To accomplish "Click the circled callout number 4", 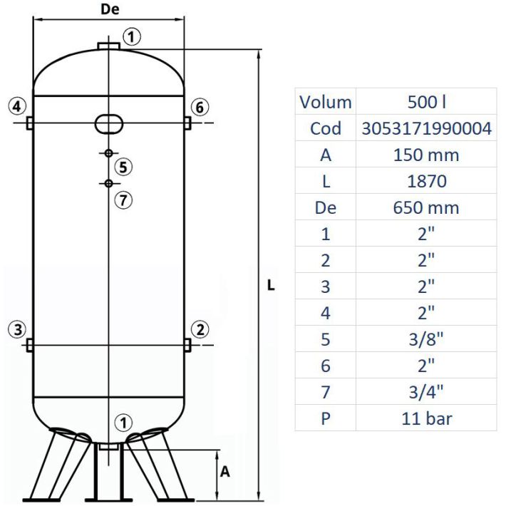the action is (x=17, y=106).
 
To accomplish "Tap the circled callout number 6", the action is (x=200, y=107).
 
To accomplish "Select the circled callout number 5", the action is (x=123, y=167).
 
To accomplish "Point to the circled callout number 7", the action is (x=123, y=200).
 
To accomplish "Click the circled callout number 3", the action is (x=17, y=329).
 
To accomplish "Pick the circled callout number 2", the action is (x=200, y=329).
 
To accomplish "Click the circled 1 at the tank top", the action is (x=132, y=36).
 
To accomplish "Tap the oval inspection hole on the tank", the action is (x=109, y=123).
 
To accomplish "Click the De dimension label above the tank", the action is (x=110, y=9).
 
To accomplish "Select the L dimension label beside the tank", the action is (x=271, y=285).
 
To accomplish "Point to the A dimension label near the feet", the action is (x=225, y=472).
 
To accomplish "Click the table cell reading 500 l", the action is (x=426, y=102).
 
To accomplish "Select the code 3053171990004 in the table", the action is (x=426, y=128).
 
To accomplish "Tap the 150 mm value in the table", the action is (x=426, y=155).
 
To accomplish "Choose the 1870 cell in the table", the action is (x=427, y=181).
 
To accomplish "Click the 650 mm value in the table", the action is (x=426, y=207).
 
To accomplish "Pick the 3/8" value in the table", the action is (x=426, y=339).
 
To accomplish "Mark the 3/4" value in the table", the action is (x=426, y=392).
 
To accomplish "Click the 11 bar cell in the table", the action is (x=427, y=418).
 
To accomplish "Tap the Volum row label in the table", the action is (x=325, y=102).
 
